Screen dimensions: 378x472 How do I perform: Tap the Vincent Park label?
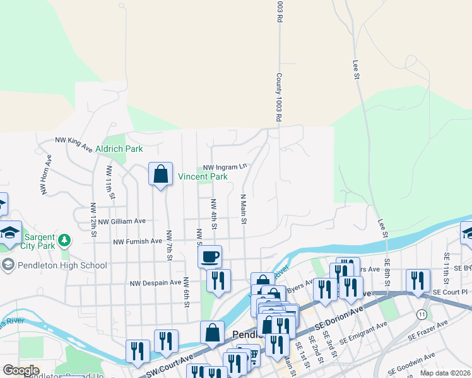coord(202,177)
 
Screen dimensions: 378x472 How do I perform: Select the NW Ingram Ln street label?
coord(225,167)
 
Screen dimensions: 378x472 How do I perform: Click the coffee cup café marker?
coord(210,256)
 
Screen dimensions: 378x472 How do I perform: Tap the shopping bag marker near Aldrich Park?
coord(160,173)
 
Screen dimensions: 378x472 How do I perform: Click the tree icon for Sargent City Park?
coord(64,240)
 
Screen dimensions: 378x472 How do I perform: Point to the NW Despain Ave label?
coord(155,283)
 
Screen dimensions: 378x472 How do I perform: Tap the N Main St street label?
coord(242,209)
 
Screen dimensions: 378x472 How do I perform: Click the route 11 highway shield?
coord(421,314)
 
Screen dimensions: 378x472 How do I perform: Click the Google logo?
coord(21,370)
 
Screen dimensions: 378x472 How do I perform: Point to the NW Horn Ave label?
coord(44,182)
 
